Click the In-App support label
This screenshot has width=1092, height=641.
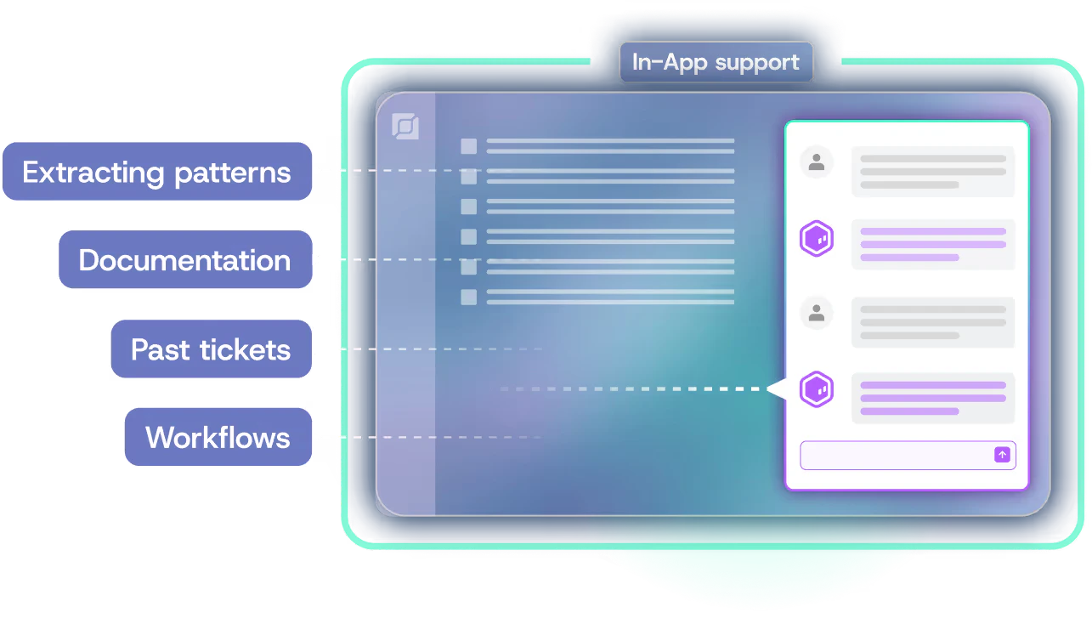pos(716,63)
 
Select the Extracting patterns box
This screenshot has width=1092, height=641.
pos(157,173)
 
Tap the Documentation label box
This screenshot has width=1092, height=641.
pos(185,260)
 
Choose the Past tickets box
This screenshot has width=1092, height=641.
pos(212,349)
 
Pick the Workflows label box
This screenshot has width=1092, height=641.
pos(218,438)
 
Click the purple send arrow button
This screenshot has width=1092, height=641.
pos(1002,455)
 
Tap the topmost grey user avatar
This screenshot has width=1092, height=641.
pos(817,162)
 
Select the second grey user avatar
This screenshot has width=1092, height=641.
pos(817,314)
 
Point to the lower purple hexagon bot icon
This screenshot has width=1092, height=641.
pos(817,390)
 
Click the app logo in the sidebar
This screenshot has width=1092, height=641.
pos(405,127)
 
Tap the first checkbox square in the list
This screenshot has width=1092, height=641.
pos(469,146)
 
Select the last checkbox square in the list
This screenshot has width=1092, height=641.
pos(469,297)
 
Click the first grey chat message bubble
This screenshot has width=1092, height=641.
pos(933,172)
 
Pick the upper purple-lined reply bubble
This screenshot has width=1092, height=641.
pos(933,245)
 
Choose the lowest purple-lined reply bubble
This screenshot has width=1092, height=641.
pos(933,398)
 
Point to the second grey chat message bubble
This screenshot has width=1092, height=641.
pos(933,323)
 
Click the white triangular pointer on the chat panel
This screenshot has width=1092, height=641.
pos(776,389)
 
